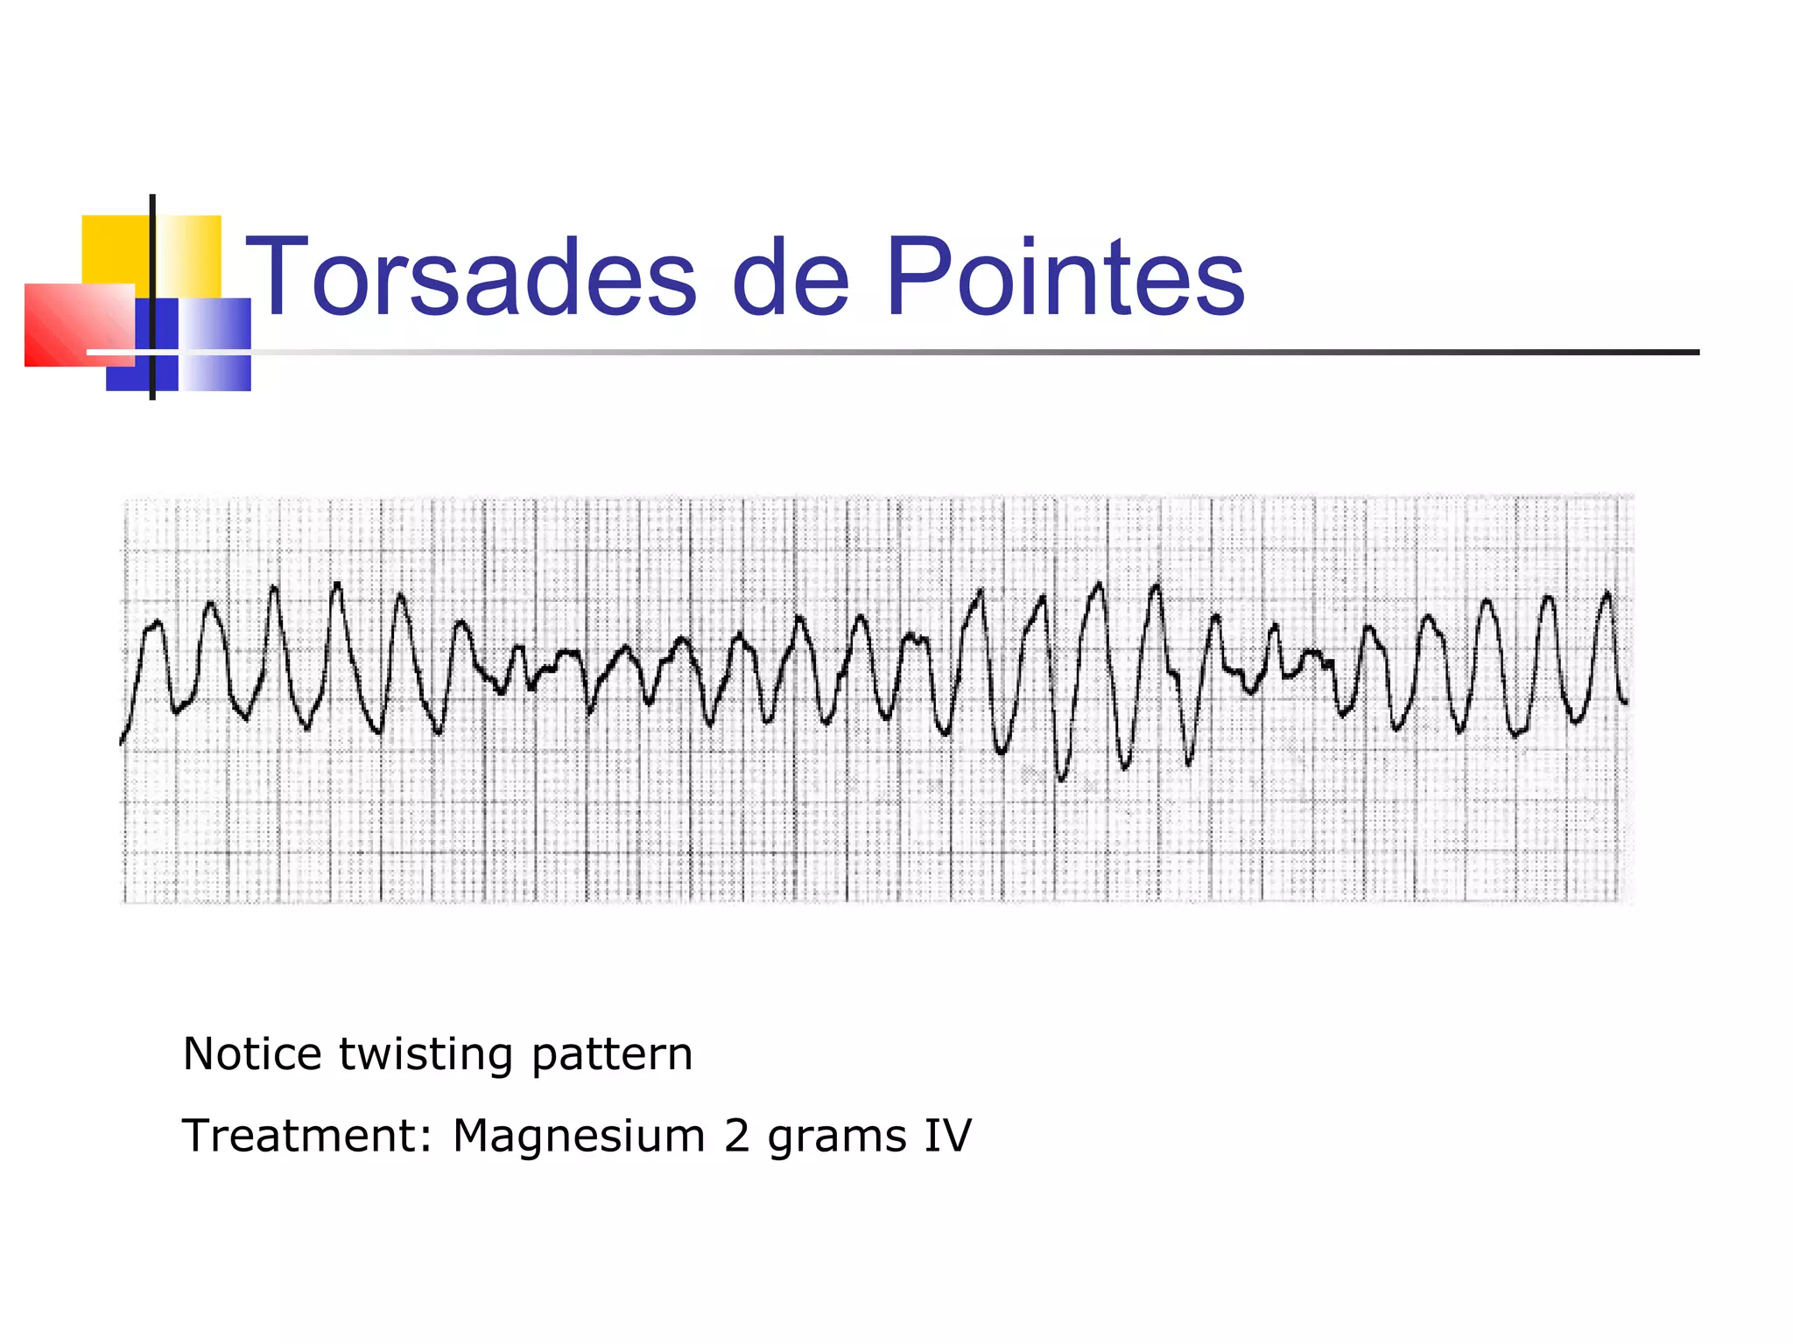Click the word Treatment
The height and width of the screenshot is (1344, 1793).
tap(299, 1136)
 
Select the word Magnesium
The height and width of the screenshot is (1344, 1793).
tap(579, 1136)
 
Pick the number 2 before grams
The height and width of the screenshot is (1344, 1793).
tap(736, 1136)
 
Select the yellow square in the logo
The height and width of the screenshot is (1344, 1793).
tap(114, 249)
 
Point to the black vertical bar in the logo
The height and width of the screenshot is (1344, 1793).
tap(152, 297)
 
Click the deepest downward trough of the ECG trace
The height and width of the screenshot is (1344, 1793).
tap(1062, 778)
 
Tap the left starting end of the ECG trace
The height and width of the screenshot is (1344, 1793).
tap(121, 744)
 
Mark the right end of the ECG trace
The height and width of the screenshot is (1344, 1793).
tap(1627, 703)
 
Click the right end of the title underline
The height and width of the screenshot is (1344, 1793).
tap(1697, 353)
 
